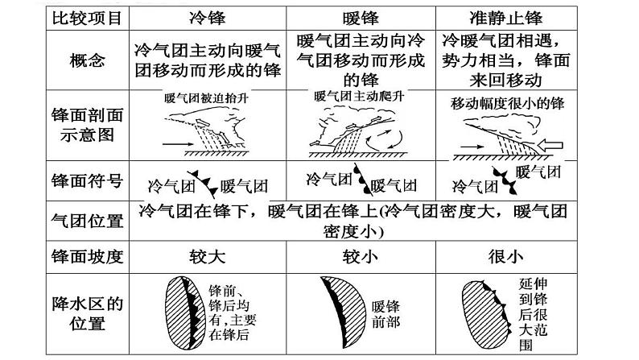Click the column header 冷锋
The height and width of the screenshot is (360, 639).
coord(208,19)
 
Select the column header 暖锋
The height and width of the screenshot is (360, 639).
coord(361,19)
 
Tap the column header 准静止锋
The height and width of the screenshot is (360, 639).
coord(505,19)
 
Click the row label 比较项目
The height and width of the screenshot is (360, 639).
coord(87,19)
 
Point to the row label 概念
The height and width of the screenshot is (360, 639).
coord(87,60)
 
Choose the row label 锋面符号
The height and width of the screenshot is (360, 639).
coord(87,180)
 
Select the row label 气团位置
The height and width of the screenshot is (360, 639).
coord(87,221)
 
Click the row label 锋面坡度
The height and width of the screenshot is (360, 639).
coord(87,257)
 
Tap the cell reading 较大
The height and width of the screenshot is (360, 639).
coord(208,257)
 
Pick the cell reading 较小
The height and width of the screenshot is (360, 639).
coord(361,257)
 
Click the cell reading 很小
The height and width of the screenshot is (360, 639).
coord(505,257)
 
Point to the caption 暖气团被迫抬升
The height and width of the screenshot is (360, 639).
coord(207,98)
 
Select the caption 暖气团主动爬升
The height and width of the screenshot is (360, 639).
coord(360,97)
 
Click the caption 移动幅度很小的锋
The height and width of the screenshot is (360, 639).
coord(507,104)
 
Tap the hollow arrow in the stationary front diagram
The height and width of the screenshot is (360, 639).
coord(550,145)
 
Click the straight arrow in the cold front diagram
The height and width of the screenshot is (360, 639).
coord(178,144)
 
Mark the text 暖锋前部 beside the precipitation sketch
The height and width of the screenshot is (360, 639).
coord(385,314)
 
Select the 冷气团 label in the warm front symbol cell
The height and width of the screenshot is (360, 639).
coord(329,179)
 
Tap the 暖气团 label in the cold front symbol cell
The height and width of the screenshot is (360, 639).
coord(244,186)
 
